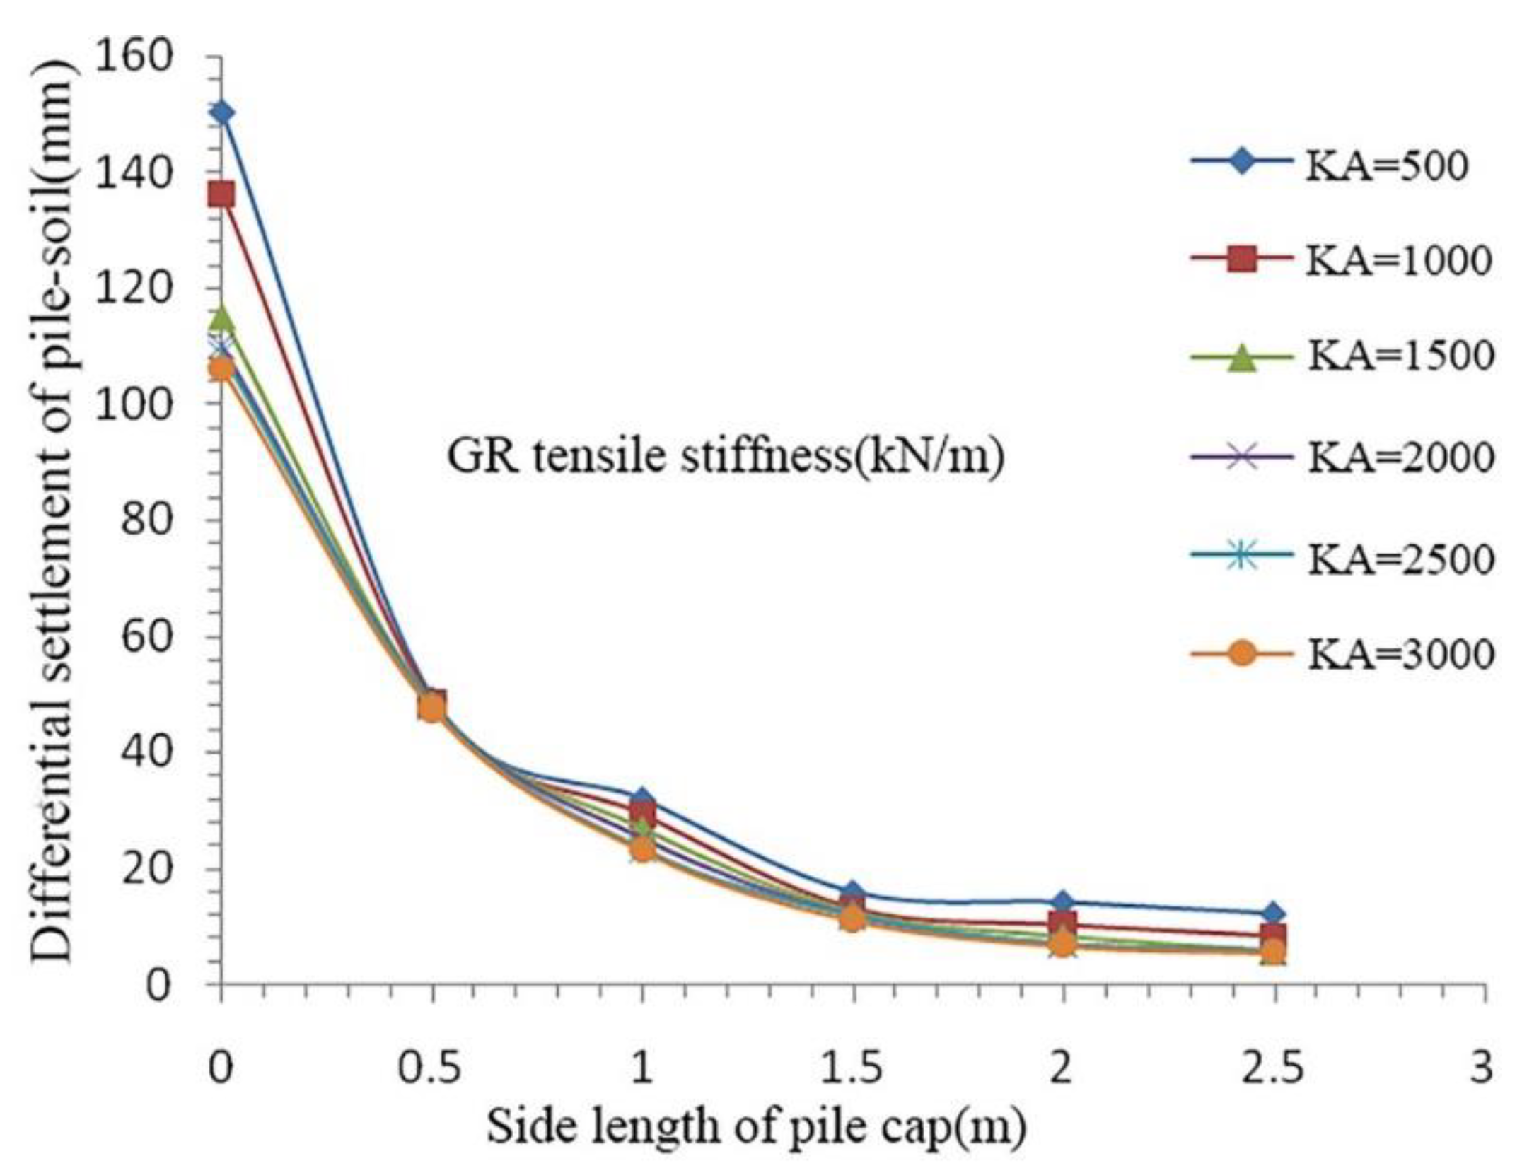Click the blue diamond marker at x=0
(222, 112)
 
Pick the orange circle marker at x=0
(222, 369)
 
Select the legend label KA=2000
(1400, 457)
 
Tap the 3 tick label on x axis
(1480, 1068)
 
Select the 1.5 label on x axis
(852, 1068)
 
